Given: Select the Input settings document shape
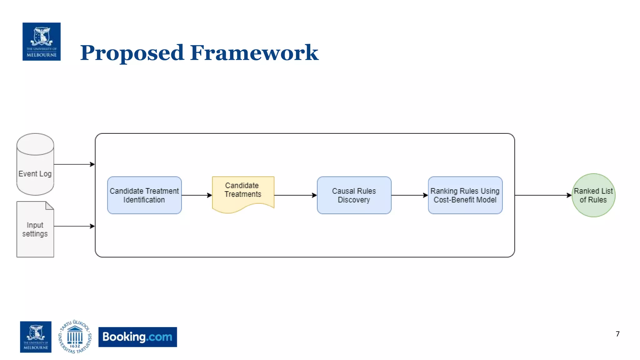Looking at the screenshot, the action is (x=35, y=229).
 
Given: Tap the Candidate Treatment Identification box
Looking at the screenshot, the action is (x=144, y=195).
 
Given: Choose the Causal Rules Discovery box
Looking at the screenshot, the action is (x=354, y=195).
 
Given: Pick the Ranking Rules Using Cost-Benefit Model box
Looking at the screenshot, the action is (x=465, y=195).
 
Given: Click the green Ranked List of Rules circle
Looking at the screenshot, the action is (x=593, y=195).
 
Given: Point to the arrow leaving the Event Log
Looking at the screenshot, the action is (x=74, y=164).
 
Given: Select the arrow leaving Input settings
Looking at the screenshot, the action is (x=74, y=226).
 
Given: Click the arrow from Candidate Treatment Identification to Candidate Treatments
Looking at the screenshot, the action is (x=197, y=195).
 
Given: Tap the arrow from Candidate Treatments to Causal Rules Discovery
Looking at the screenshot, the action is (x=295, y=195).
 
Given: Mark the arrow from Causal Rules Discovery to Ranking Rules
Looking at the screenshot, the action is (x=409, y=195).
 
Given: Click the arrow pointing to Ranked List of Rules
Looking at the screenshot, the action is (x=543, y=195).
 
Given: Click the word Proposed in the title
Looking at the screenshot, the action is (x=132, y=53).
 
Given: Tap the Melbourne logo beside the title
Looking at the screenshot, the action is (x=42, y=42).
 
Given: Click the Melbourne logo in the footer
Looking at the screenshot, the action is (x=36, y=337).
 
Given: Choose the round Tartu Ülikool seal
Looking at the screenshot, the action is (x=75, y=337).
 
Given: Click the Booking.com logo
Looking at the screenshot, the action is (x=137, y=337).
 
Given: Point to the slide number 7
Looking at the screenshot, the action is (x=617, y=334).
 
